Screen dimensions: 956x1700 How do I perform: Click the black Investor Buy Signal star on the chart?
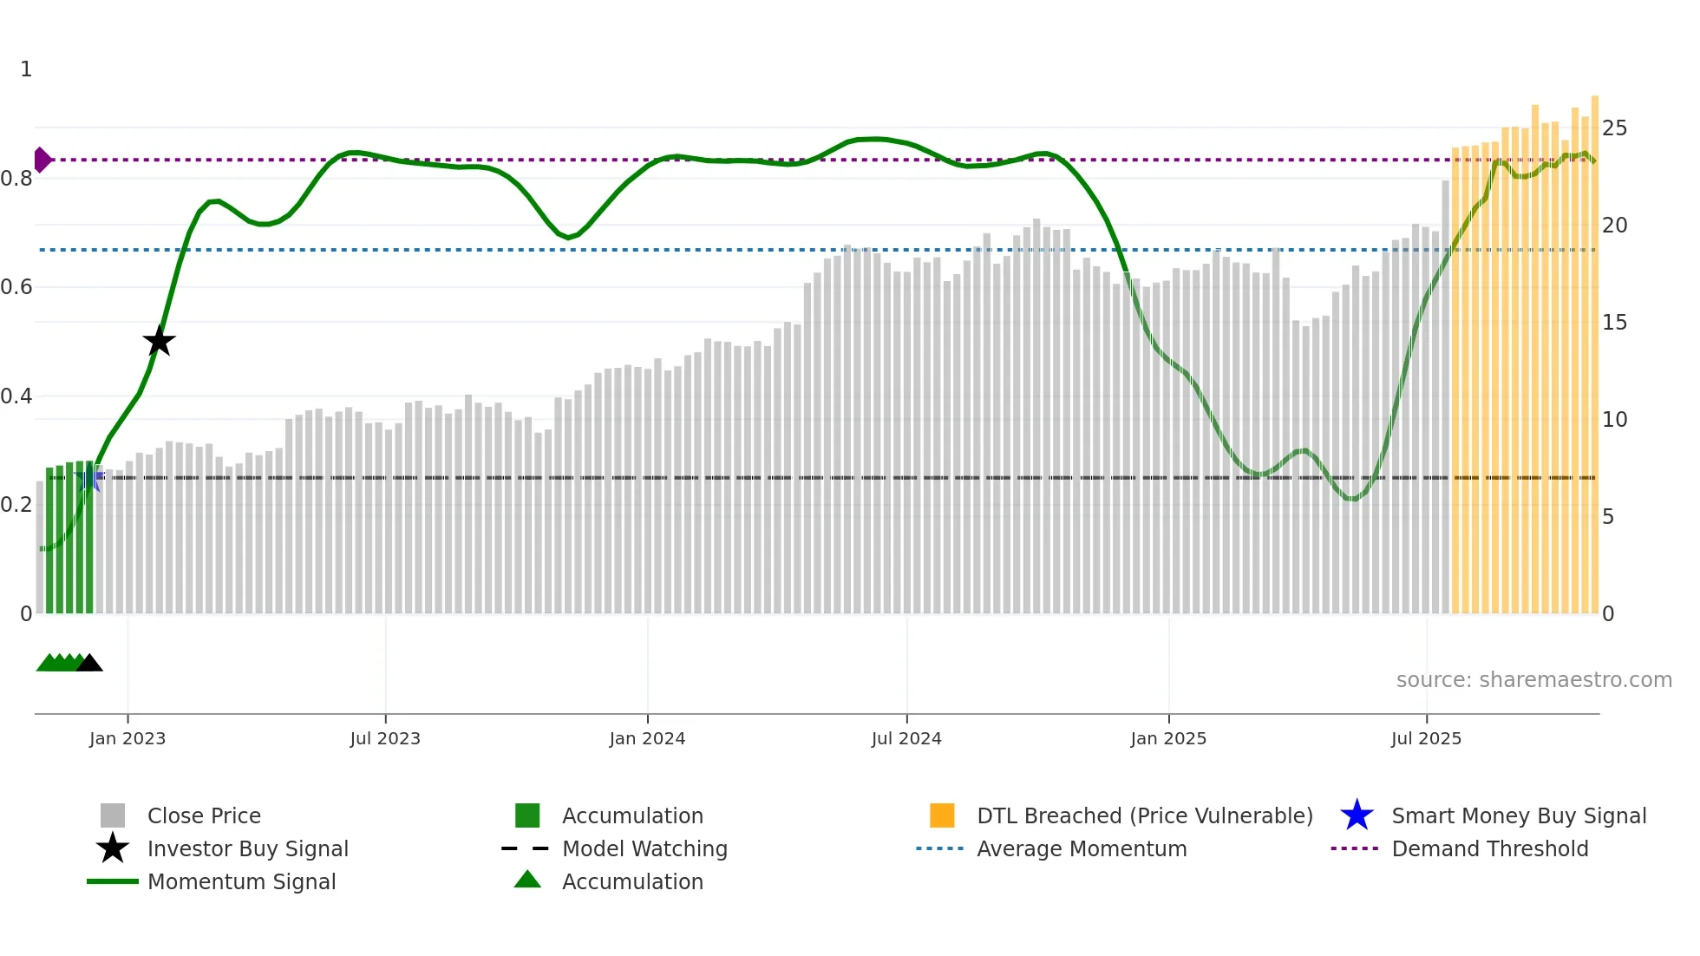[159, 341]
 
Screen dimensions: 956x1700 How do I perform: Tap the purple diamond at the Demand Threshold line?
[42, 160]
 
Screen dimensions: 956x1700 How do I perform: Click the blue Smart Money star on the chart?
[90, 478]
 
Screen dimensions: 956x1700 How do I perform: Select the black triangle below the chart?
[89, 664]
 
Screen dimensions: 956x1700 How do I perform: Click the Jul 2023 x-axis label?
[385, 738]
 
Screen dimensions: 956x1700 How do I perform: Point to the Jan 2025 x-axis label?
[1168, 738]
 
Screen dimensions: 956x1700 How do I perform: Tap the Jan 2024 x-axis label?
[647, 738]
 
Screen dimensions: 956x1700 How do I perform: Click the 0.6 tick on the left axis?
[17, 287]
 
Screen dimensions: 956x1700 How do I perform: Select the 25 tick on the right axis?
[1614, 128]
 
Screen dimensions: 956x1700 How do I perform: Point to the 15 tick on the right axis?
[1614, 323]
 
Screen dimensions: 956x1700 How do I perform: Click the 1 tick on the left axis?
[26, 69]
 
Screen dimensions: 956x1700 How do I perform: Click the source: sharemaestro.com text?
[1533, 680]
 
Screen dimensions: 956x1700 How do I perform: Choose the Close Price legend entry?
[204, 815]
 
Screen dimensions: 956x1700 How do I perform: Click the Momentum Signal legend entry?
[241, 881]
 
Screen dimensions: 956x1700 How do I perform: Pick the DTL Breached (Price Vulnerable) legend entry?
[1144, 815]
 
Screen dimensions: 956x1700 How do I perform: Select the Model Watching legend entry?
[644, 848]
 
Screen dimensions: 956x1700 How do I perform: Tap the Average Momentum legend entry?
[1082, 848]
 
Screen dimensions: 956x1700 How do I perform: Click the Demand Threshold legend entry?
[1489, 848]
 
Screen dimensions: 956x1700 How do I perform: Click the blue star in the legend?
[1357, 815]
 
